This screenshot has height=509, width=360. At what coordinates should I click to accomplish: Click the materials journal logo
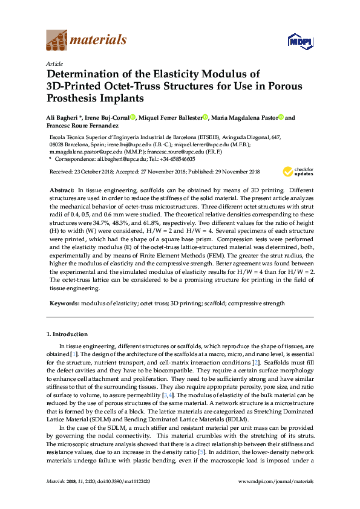coord(87,41)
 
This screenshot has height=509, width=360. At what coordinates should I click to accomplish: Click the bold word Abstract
coord(61,190)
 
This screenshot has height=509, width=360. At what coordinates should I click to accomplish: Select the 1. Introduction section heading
coord(67,334)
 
